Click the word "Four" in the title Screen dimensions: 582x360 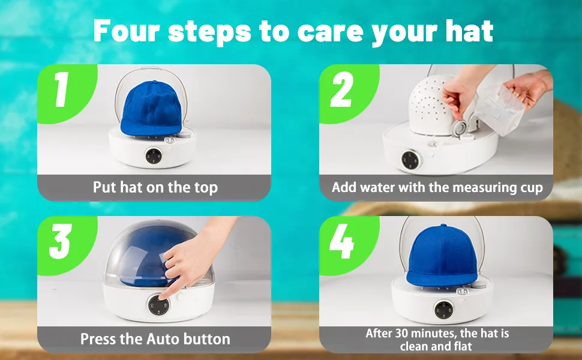click(x=127, y=31)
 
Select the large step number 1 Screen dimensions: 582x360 click(x=62, y=89)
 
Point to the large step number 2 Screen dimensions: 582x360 click(x=341, y=89)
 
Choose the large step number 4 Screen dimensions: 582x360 click(x=342, y=241)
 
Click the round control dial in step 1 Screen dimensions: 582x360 click(x=153, y=156)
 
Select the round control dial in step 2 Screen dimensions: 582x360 click(x=410, y=160)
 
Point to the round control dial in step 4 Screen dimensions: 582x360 click(x=444, y=310)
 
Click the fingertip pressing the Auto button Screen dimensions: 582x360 click(x=164, y=298)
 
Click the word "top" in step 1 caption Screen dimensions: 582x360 click(x=206, y=188)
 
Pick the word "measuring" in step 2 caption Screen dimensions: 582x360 click(x=483, y=188)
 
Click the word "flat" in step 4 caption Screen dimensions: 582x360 click(x=463, y=346)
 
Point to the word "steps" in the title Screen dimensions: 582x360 click(x=210, y=32)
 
